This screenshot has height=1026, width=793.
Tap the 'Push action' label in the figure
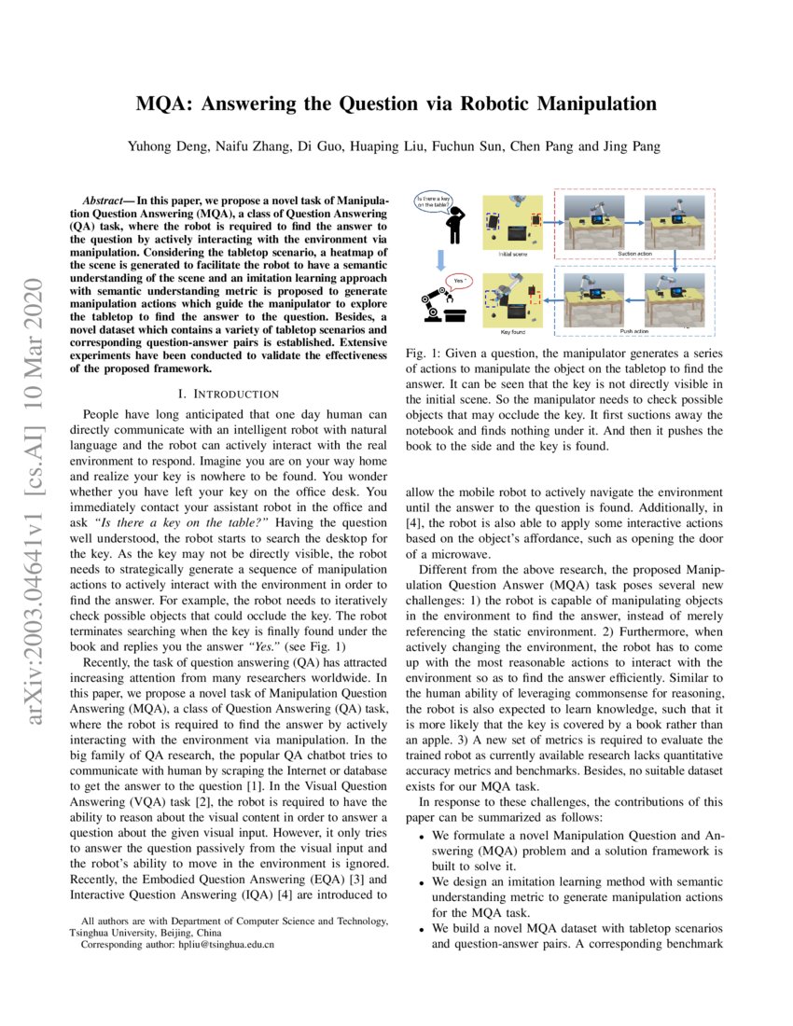[633, 331]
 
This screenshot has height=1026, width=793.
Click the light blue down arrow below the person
[435, 256]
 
